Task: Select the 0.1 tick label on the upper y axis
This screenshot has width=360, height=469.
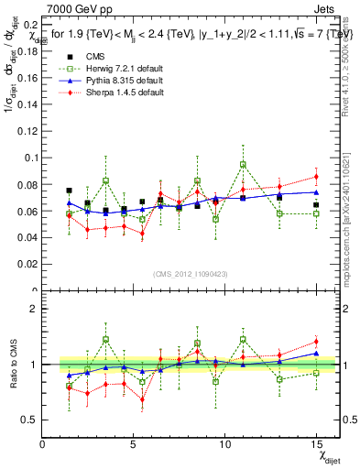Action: pyautogui.click(x=27, y=158)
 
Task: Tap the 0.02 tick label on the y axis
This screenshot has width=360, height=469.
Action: pyautogui.click(x=25, y=265)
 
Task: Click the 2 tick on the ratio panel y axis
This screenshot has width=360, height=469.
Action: pyautogui.click(x=33, y=309)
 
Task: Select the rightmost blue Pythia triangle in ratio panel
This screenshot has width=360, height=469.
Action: pyautogui.click(x=316, y=353)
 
